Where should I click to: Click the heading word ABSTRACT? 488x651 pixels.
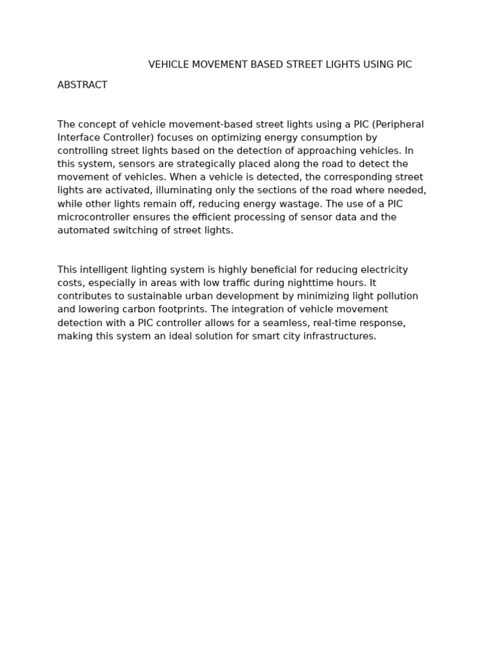point(82,85)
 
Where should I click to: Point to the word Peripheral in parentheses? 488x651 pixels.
point(398,125)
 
